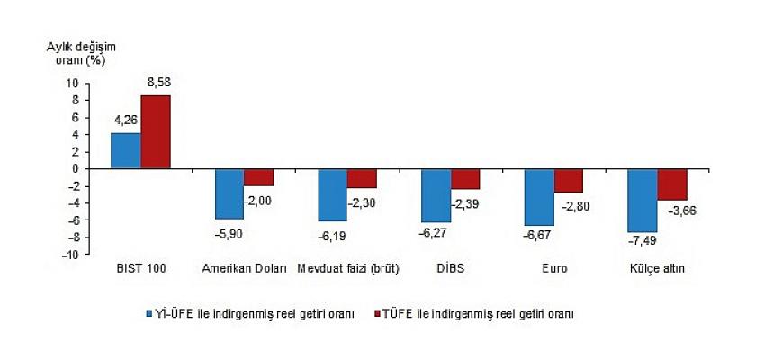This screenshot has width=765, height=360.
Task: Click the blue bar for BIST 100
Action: pyautogui.click(x=125, y=150)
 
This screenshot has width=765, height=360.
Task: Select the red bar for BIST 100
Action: pyautogui.click(x=155, y=131)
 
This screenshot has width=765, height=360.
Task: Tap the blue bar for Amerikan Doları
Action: pyautogui.click(x=229, y=193)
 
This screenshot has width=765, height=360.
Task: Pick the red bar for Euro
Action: pyautogui.click(x=570, y=180)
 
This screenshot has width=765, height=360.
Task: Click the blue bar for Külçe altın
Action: pyautogui.click(x=642, y=201)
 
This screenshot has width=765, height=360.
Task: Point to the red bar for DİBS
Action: pyautogui.click(x=466, y=178)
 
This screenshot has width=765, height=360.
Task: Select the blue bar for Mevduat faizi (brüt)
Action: pyautogui.click(x=332, y=194)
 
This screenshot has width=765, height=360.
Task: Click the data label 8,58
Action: pyautogui.click(x=157, y=85)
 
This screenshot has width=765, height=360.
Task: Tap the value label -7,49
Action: pyautogui.click(x=643, y=242)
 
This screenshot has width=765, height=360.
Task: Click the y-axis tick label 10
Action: pyautogui.click(x=73, y=83)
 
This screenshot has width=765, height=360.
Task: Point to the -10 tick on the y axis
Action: pyautogui.click(x=70, y=255)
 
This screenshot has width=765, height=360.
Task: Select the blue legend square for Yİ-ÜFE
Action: pyautogui.click(x=150, y=314)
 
